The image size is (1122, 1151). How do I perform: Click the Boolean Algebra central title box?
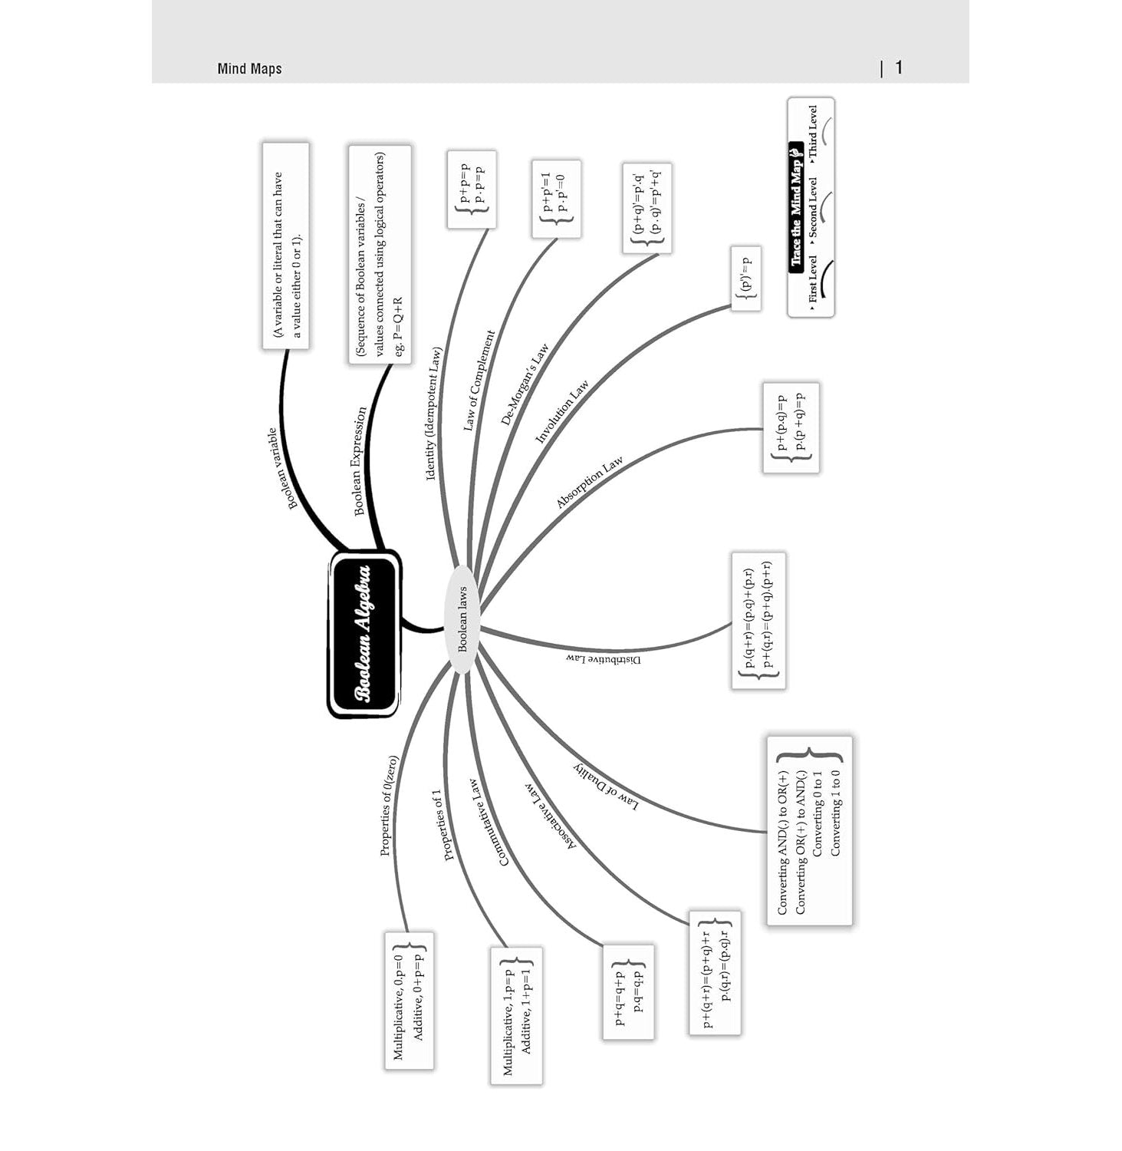click(364, 634)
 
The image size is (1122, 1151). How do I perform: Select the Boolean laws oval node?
click(462, 619)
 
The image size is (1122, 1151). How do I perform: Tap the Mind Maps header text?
click(249, 69)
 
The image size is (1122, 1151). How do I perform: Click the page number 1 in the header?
click(899, 68)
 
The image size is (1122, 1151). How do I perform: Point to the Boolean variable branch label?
click(282, 468)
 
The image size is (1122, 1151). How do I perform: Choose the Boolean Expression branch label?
click(360, 461)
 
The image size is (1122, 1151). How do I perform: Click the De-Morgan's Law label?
click(525, 384)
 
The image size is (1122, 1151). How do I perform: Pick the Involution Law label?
click(561, 411)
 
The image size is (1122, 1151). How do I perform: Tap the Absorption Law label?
click(589, 483)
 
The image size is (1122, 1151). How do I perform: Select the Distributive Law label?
click(604, 659)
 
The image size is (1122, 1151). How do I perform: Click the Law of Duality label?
click(606, 786)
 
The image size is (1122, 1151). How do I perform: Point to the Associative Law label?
click(551, 816)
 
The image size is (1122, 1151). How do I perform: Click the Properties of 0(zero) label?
click(390, 806)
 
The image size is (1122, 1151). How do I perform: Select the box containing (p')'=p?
click(746, 279)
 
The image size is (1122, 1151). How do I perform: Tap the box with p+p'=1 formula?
click(555, 199)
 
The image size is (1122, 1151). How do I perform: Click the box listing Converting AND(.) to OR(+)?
click(809, 831)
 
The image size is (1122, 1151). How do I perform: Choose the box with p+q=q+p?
click(628, 991)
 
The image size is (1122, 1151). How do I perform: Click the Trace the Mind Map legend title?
click(796, 205)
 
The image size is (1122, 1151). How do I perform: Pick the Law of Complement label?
click(480, 381)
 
